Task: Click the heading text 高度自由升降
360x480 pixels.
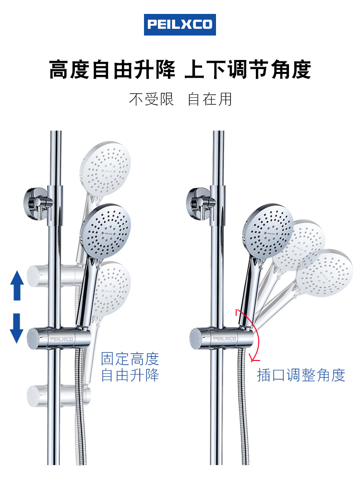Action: coord(112,69)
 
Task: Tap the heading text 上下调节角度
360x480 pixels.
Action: coord(248,69)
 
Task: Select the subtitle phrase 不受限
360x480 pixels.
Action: coord(151,99)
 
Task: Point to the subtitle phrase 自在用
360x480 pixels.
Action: coord(210,99)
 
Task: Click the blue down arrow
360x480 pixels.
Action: coord(17,328)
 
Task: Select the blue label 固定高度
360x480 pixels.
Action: coord(130,358)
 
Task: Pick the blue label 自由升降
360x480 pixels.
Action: coord(130,374)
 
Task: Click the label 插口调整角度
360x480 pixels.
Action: coord(301,375)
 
